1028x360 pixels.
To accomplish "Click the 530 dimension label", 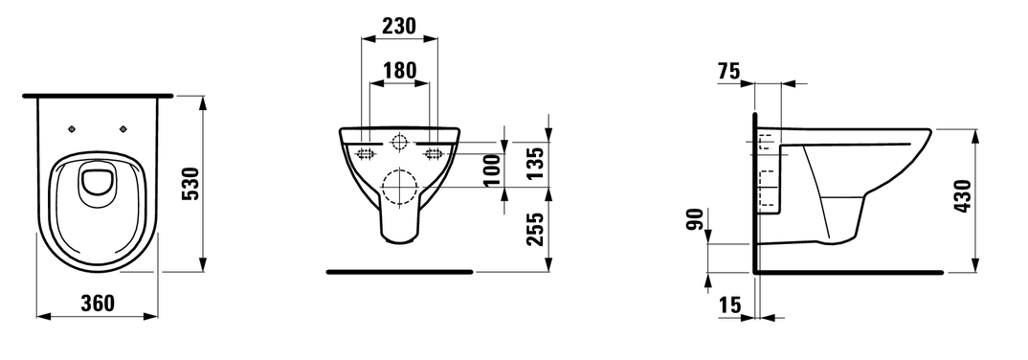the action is [x=190, y=184].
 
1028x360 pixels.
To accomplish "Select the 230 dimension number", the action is [x=398, y=26].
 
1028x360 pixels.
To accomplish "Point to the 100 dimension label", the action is [x=492, y=169].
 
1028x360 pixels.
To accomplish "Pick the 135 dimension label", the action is [x=535, y=164].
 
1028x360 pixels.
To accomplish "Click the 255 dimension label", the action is [x=535, y=229].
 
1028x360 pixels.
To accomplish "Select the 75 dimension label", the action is [x=728, y=71].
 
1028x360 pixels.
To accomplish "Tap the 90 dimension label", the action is [x=696, y=219].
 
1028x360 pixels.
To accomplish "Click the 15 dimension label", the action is [x=729, y=304].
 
